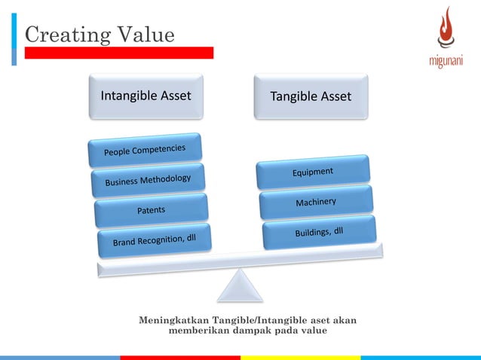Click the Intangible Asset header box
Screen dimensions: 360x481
click(146, 96)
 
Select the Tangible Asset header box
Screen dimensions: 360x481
click(311, 96)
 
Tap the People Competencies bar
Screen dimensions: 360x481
click(144, 148)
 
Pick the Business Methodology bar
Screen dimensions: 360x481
click(148, 181)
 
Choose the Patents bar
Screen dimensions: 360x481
click(151, 210)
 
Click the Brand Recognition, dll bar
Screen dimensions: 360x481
click(155, 240)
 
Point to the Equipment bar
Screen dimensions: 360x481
click(313, 172)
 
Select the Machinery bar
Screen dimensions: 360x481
click(316, 203)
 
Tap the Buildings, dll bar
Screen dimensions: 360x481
click(319, 232)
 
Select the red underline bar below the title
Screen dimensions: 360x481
click(118, 53)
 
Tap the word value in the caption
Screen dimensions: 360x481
click(313, 331)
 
